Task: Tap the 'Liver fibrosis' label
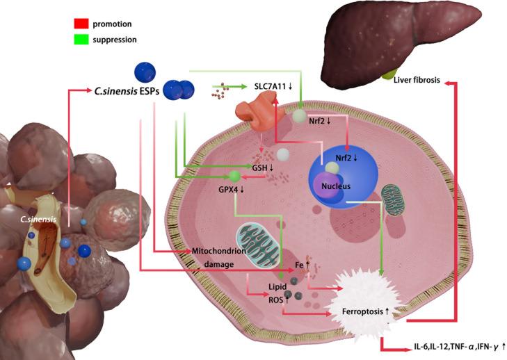click(416, 80)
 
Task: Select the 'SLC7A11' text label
click(277, 87)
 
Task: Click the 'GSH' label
click(255, 167)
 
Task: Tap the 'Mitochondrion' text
click(216, 249)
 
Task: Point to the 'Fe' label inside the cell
click(299, 265)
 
